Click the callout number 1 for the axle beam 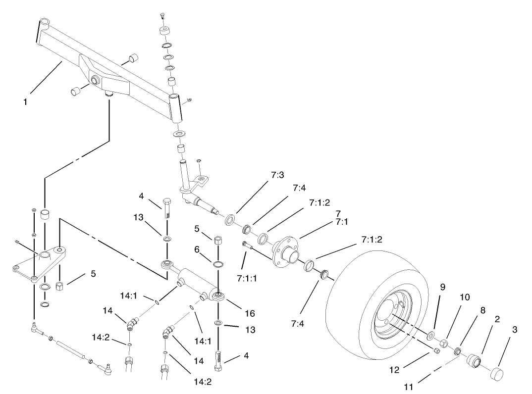tap(24, 102)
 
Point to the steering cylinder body tap(196, 280)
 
